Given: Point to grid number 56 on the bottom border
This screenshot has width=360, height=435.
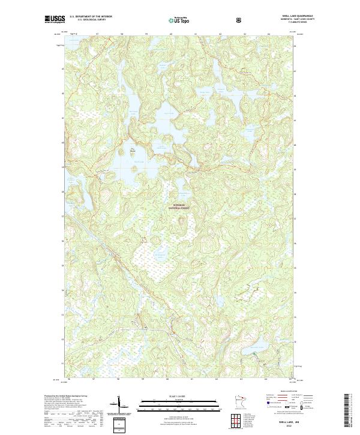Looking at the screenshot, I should click(70, 379).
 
